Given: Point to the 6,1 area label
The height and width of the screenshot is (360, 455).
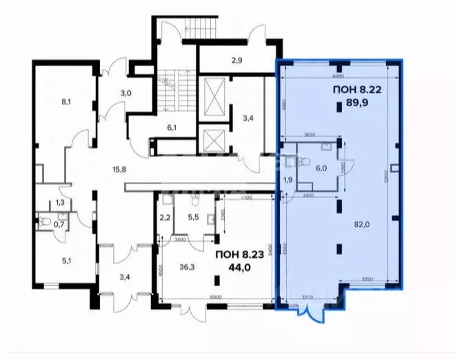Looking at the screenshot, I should [172, 127].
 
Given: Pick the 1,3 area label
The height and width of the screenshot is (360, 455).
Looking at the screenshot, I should [60, 202].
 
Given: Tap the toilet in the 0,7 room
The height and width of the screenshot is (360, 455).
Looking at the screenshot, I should [43, 222].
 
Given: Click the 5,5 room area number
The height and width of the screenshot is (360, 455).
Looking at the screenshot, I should [194, 217].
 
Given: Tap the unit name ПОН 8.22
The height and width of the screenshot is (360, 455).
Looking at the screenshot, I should [356, 90].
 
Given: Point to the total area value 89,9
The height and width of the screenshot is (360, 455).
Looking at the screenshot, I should [356, 106].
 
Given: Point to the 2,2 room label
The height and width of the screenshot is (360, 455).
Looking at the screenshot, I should [165, 217].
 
